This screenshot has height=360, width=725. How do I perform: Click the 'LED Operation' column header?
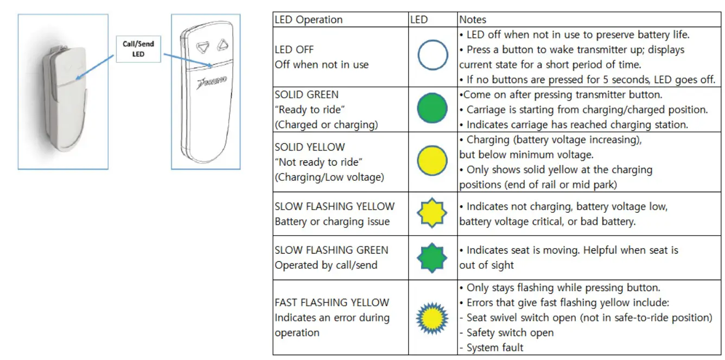coord(308,20)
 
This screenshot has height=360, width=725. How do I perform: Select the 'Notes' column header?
coord(473,20)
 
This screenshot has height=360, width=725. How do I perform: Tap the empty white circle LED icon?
coord(433,56)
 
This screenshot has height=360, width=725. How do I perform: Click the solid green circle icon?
coord(433,109)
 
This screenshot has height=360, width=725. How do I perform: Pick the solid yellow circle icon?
coord(433,162)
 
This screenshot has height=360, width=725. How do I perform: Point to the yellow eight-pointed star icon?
coord(432,213)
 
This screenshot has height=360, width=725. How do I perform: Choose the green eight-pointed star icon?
coord(432,258)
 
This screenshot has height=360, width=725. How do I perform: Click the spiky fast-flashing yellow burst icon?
coord(432,317)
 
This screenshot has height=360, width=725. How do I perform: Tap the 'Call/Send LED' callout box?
coord(138,49)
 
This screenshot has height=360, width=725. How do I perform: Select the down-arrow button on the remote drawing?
coord(203,47)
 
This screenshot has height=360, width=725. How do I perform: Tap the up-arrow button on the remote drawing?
coord(221,45)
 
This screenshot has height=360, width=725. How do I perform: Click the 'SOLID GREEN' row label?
coord(307,94)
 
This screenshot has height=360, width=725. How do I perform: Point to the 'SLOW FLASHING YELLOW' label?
coord(334,206)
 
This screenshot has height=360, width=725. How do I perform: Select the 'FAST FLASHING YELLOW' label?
coord(332,302)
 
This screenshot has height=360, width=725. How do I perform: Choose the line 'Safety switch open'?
coord(510,332)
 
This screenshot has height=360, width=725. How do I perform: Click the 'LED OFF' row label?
coord(294,49)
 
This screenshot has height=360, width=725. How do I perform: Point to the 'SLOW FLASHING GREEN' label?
coord(331,250)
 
